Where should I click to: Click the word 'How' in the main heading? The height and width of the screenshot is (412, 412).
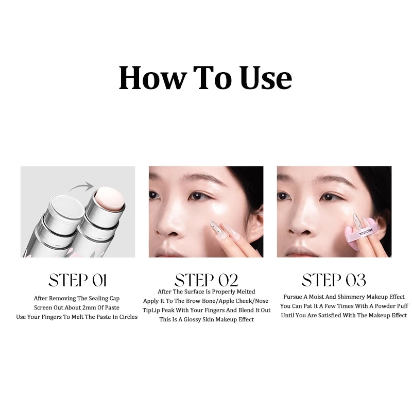coord(152,78)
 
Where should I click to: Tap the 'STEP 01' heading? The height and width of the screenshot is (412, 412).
coord(78,280)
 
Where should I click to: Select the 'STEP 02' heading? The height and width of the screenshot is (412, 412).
coord(207,280)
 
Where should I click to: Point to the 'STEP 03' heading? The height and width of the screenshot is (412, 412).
coord(334,280)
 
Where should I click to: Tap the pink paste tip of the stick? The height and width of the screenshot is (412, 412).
coord(110,199)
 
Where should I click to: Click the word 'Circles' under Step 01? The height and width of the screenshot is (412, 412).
coord(128,317)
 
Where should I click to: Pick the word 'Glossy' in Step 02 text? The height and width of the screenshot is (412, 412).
coord(192,320)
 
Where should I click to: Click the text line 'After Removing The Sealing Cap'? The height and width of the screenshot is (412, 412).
coord(77,299)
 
